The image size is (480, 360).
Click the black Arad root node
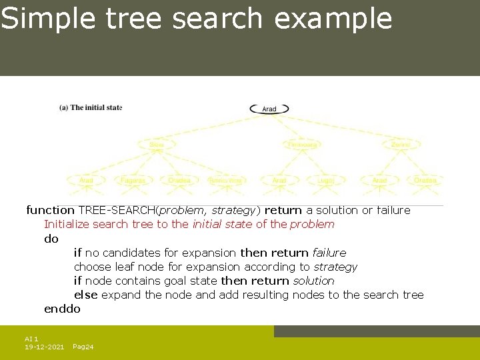tap(269, 109)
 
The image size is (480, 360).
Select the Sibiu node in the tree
tap(156, 144)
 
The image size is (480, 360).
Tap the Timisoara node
tap(302, 144)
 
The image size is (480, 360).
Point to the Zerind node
tap(401, 144)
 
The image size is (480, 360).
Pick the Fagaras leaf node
tap(133, 180)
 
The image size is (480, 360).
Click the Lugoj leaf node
tap(326, 180)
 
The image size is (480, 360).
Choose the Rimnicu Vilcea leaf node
tap(225, 180)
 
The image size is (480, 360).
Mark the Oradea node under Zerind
tap(425, 180)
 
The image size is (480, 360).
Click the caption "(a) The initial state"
tap(91, 107)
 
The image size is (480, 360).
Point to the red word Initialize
tap(67, 224)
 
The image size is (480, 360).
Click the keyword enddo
tap(62, 309)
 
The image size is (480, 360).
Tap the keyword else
tap(85, 295)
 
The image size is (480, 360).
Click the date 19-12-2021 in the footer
tap(44, 347)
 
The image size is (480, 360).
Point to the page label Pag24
tap(83, 347)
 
